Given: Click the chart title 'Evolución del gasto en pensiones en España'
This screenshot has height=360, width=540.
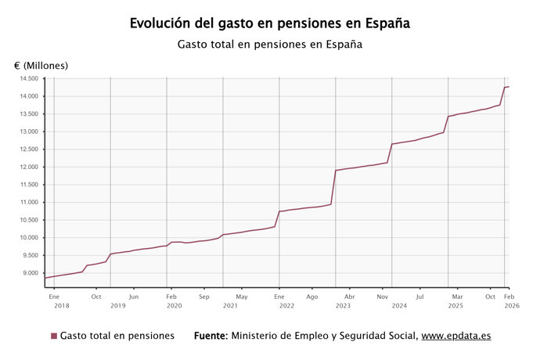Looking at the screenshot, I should [270, 23].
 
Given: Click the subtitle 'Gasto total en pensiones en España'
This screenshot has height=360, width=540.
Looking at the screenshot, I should [270, 45].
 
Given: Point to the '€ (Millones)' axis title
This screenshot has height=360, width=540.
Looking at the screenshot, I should [41, 66].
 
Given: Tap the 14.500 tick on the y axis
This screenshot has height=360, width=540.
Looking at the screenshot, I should [29, 79].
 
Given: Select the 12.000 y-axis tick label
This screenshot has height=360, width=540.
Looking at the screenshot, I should [29, 167].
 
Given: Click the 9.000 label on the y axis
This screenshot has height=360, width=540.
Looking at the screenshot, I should [31, 273].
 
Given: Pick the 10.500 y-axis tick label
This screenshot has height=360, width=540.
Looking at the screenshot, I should [29, 220].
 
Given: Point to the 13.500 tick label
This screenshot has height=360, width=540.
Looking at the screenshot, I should [29, 114].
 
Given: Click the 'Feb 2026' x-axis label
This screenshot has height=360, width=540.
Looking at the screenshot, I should [508, 301].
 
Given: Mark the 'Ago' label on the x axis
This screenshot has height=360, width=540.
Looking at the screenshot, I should [312, 297].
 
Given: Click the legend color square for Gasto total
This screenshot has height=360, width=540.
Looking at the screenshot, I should [54, 336].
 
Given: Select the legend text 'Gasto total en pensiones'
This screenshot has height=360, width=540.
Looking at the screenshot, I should [117, 336].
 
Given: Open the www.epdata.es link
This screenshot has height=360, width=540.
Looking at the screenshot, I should [456, 336].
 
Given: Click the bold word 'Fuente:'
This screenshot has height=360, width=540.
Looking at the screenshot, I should [211, 336].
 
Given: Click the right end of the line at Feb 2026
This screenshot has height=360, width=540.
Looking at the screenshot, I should [509, 87].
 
